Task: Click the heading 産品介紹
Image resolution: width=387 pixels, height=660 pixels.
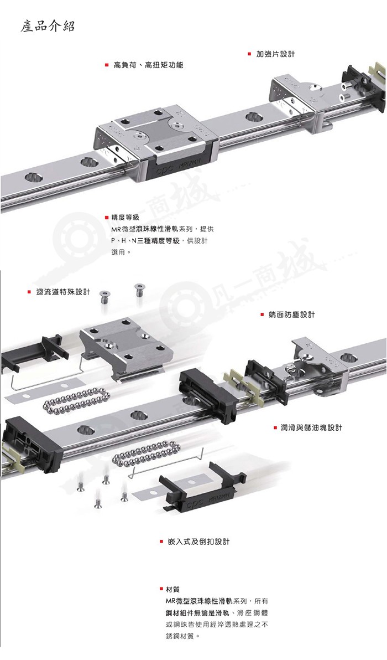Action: pos(48,27)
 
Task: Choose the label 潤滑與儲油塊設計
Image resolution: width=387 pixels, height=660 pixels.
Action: pos(311,427)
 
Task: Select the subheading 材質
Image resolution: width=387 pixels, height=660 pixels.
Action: pos(172,589)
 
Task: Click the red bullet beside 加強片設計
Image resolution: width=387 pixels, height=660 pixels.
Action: pos(249,54)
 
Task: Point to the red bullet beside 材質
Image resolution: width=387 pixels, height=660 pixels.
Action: pos(161,589)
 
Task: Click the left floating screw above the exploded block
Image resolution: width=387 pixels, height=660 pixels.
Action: pos(104,297)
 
